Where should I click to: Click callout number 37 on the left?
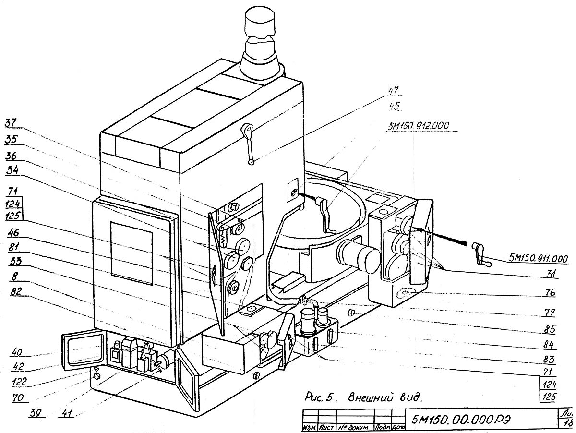pyautogui.click(x=11, y=124)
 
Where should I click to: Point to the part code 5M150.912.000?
pyautogui.click(x=417, y=125)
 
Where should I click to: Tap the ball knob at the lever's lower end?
pyautogui.click(x=252, y=163)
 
